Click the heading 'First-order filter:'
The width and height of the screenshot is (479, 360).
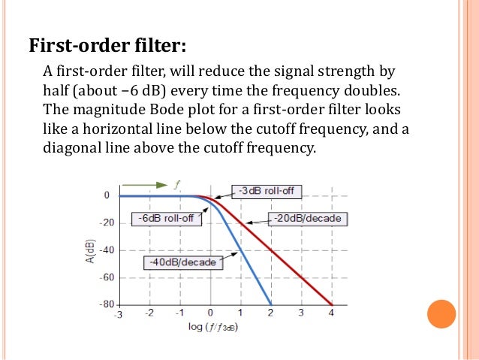(107, 45)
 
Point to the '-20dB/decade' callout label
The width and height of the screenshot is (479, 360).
(306, 219)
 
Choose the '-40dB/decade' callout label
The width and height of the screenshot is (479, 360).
(182, 262)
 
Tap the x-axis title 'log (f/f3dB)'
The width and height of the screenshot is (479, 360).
(223, 328)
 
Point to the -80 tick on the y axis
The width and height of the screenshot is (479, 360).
(107, 304)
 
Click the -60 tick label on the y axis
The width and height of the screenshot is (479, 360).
(107, 277)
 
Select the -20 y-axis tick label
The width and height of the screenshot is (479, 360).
(107, 222)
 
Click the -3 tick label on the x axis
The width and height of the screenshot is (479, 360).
(118, 313)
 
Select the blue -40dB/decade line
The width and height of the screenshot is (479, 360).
(252, 271)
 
